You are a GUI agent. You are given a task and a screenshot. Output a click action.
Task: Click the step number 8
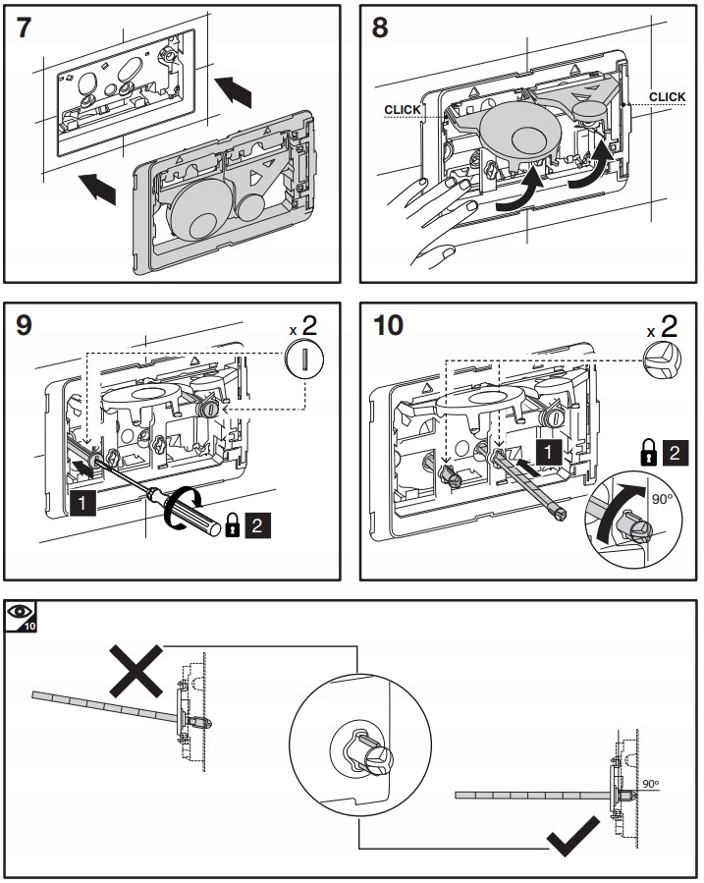click(379, 27)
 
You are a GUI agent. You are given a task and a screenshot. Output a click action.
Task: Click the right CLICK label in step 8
click(668, 96)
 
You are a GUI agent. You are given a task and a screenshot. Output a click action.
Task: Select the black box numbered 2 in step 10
click(674, 453)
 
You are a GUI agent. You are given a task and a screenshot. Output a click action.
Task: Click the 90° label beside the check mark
click(651, 783)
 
